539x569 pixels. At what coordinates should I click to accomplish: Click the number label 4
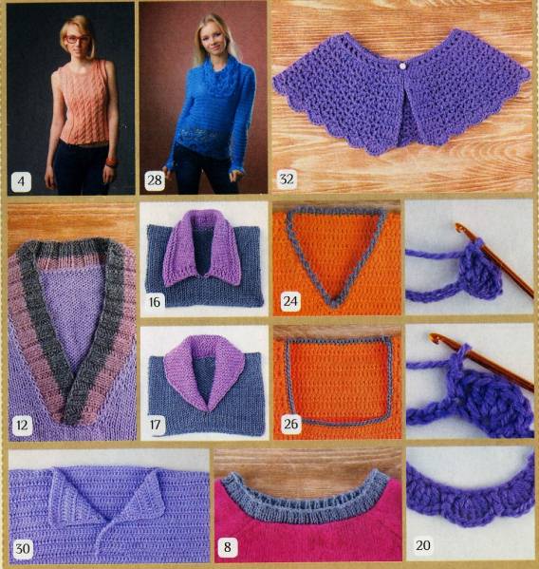(x=21, y=181)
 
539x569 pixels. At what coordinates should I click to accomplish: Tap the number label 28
(x=155, y=180)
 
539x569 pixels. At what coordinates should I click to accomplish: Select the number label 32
(x=287, y=179)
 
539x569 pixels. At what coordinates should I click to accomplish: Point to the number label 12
(x=22, y=425)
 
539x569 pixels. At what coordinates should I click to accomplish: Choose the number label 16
(x=155, y=302)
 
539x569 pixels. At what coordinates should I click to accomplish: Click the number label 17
(x=155, y=424)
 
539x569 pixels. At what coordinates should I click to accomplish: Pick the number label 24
(x=290, y=301)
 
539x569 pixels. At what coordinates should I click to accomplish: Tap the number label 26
(x=291, y=424)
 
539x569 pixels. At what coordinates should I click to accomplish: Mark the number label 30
(x=23, y=548)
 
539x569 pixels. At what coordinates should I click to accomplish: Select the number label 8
(x=228, y=547)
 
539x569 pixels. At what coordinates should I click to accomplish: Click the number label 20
(x=422, y=545)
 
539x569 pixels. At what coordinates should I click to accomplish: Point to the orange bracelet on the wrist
(x=110, y=161)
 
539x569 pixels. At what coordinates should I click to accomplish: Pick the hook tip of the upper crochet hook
(x=459, y=227)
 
